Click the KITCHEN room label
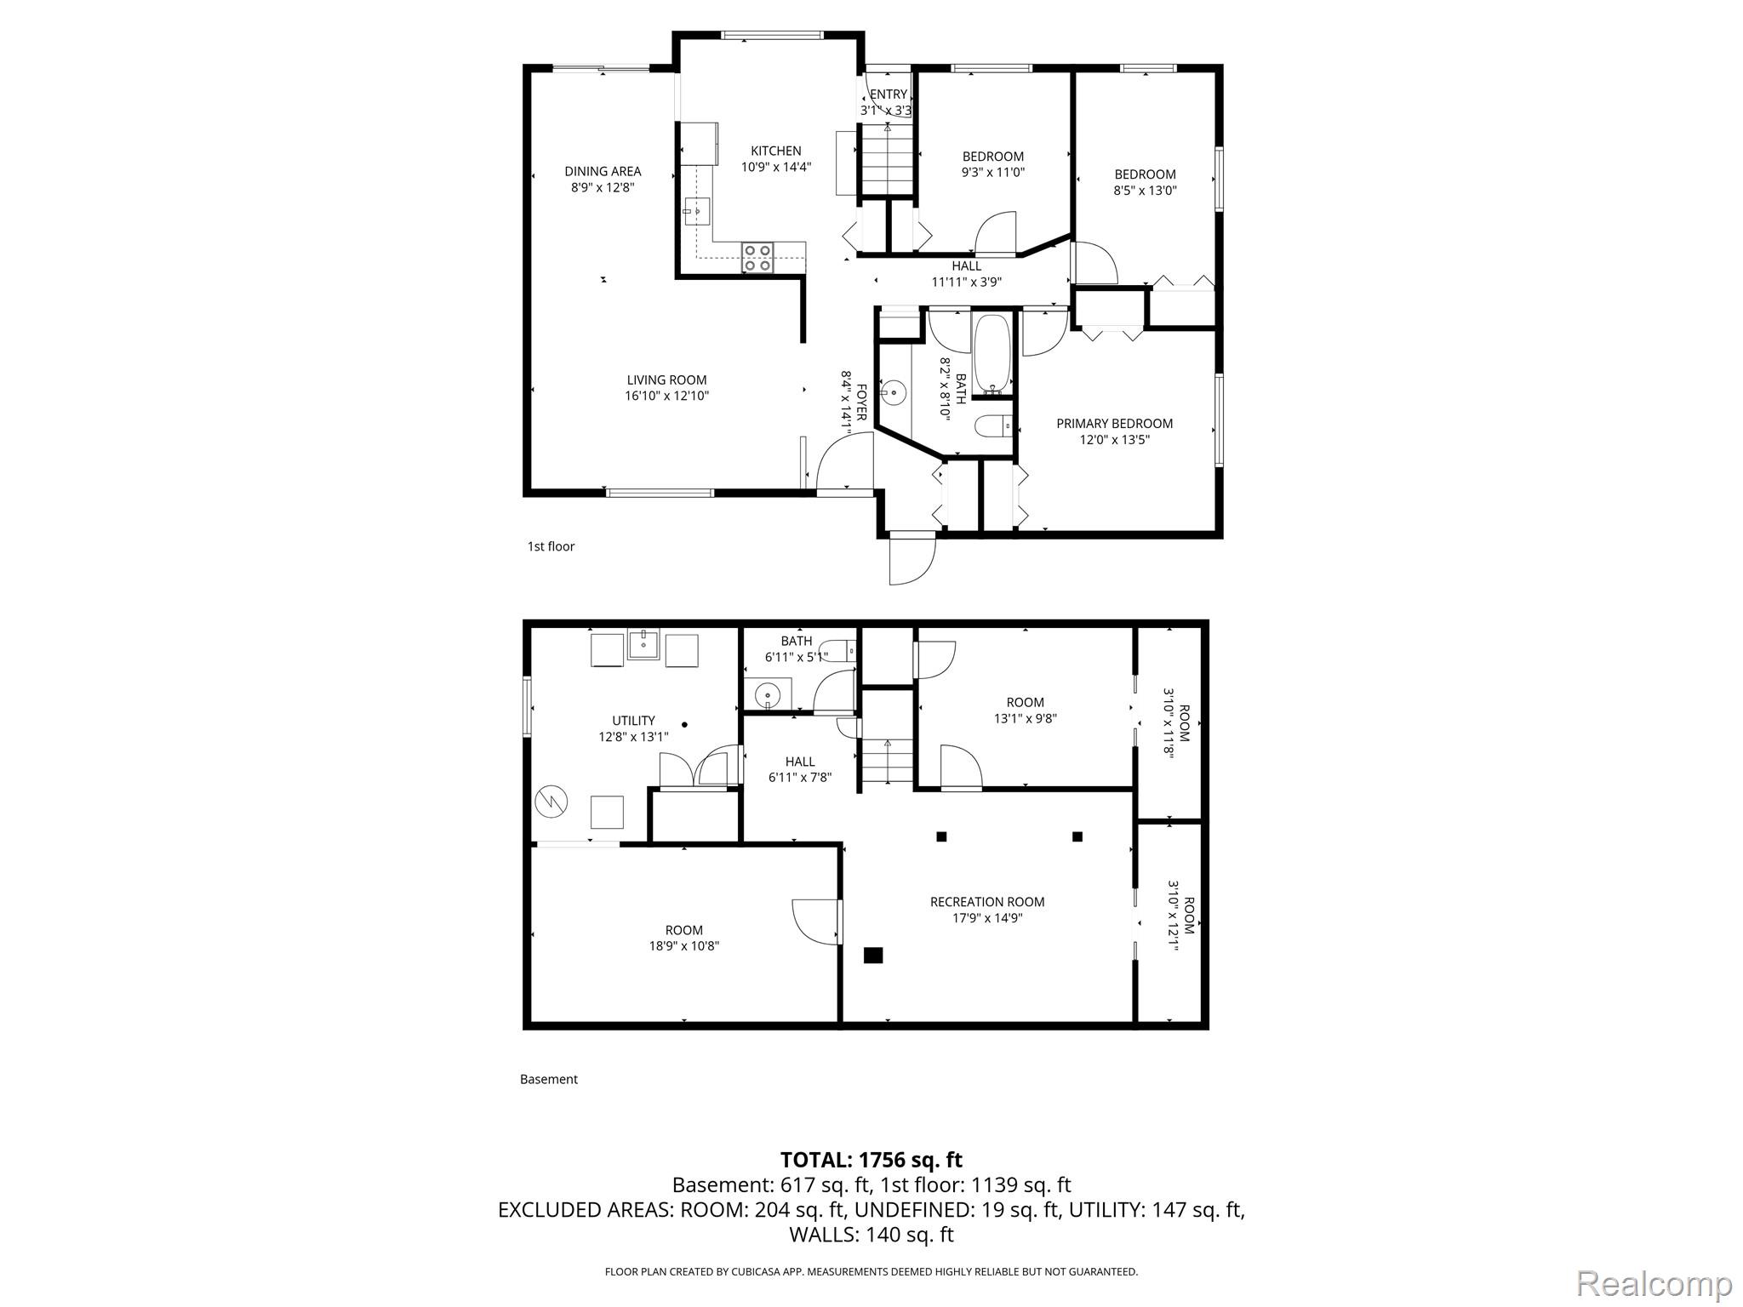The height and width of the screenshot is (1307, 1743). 775,151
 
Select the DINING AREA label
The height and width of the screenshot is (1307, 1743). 603,172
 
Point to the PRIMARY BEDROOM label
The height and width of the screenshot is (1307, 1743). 1114,424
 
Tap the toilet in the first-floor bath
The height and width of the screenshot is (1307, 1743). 992,424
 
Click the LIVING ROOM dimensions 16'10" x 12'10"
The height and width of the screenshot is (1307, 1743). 666,396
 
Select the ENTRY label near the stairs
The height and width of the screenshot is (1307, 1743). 889,94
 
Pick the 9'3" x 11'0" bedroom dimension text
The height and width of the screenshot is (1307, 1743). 993,172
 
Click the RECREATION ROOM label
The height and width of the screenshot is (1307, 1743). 987,902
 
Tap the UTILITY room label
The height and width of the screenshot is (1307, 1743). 633,721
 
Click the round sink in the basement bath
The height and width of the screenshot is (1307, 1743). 768,693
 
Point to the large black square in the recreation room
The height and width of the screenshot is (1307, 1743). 873,956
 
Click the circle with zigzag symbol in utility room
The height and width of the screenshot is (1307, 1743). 550,801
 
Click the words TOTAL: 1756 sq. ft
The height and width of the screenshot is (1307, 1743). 871,1160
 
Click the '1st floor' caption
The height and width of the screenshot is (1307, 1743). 551,546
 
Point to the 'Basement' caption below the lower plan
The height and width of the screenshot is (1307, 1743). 549,1079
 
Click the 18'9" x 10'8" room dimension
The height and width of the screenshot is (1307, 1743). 684,945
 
